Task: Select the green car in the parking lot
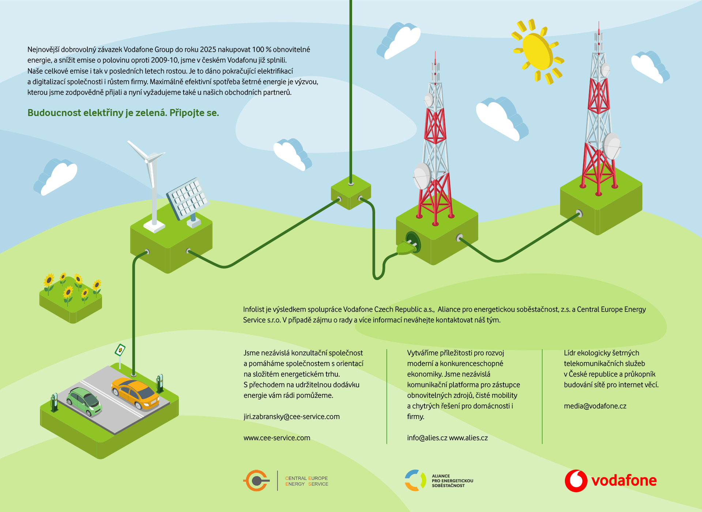(84, 401)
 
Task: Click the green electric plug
(406, 248)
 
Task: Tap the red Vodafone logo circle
(576, 481)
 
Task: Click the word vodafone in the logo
(624, 481)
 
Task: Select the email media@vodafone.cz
(595, 406)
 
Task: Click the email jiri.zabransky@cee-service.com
(291, 416)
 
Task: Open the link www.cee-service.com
(277, 438)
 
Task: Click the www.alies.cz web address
(468, 438)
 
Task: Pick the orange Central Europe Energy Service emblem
(256, 481)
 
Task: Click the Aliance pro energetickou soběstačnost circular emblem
(415, 481)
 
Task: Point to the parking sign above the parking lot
(120, 350)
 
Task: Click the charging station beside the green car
(54, 402)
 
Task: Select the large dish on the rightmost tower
(611, 146)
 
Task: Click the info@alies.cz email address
(427, 438)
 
